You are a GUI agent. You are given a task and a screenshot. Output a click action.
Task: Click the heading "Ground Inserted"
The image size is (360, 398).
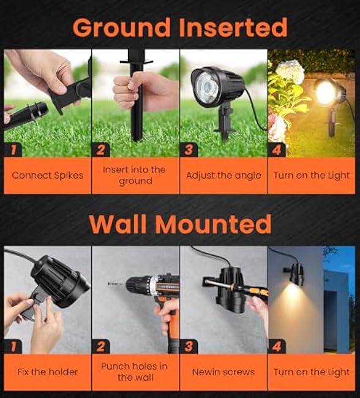pos(180,28)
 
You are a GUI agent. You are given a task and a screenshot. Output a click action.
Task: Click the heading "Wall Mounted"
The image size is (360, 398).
pos(180,225)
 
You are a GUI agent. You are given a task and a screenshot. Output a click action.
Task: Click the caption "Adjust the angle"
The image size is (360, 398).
pos(223,175)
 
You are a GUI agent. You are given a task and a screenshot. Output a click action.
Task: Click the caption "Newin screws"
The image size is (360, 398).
pos(223,372)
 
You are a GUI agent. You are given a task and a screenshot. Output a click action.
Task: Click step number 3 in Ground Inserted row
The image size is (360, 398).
pos(190,149)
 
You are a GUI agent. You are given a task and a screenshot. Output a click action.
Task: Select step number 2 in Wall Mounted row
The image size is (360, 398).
pos(102,346)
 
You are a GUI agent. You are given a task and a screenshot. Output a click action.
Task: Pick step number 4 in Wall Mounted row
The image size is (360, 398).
pos(278,346)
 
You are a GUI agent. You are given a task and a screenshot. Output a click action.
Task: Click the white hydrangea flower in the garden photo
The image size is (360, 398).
pos(290,72)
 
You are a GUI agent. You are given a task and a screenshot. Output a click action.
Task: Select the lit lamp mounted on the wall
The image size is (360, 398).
pos(296,274)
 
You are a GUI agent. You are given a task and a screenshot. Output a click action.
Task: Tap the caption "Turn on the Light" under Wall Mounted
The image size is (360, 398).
pos(312,372)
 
